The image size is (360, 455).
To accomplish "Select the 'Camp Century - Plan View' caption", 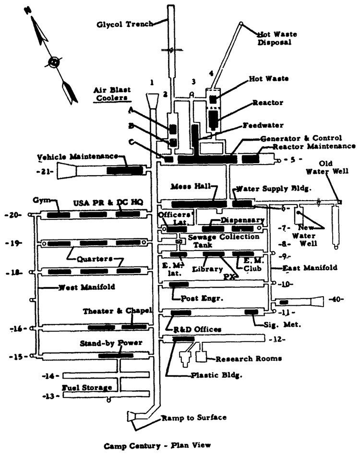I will pyautogui.click(x=157, y=446).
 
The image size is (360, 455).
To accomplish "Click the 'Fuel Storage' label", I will pyautogui.click(x=86, y=387).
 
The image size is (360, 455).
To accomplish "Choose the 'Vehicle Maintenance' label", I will pyautogui.click(x=78, y=156).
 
